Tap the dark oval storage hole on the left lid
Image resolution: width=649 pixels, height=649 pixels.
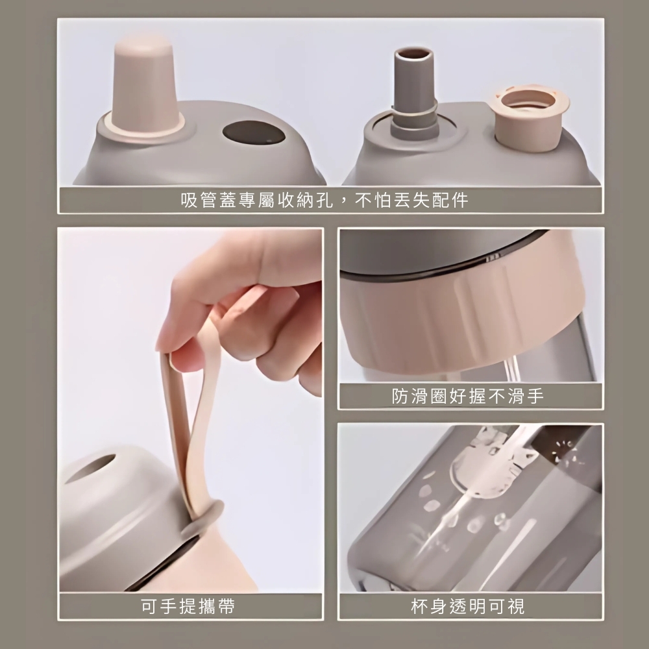254,132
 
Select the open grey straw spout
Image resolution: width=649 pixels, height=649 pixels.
414,93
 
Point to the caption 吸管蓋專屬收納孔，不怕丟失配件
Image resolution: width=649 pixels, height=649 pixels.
324,201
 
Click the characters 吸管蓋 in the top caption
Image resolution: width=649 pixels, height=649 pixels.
209,201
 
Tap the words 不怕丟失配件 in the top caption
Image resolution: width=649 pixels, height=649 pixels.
411,201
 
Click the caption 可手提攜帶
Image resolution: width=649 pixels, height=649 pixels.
188,606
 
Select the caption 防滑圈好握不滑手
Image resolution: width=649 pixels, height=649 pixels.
468,396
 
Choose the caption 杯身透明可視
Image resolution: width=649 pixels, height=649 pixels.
468,606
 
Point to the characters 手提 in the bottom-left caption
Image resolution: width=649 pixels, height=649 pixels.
178,606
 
